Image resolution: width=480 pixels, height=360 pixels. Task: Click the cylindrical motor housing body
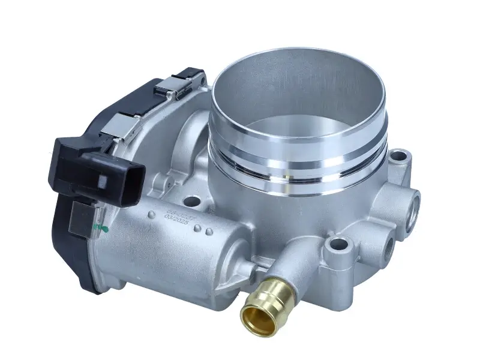(x=168, y=252)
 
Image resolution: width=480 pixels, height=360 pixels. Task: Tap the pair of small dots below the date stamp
(x=208, y=230)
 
